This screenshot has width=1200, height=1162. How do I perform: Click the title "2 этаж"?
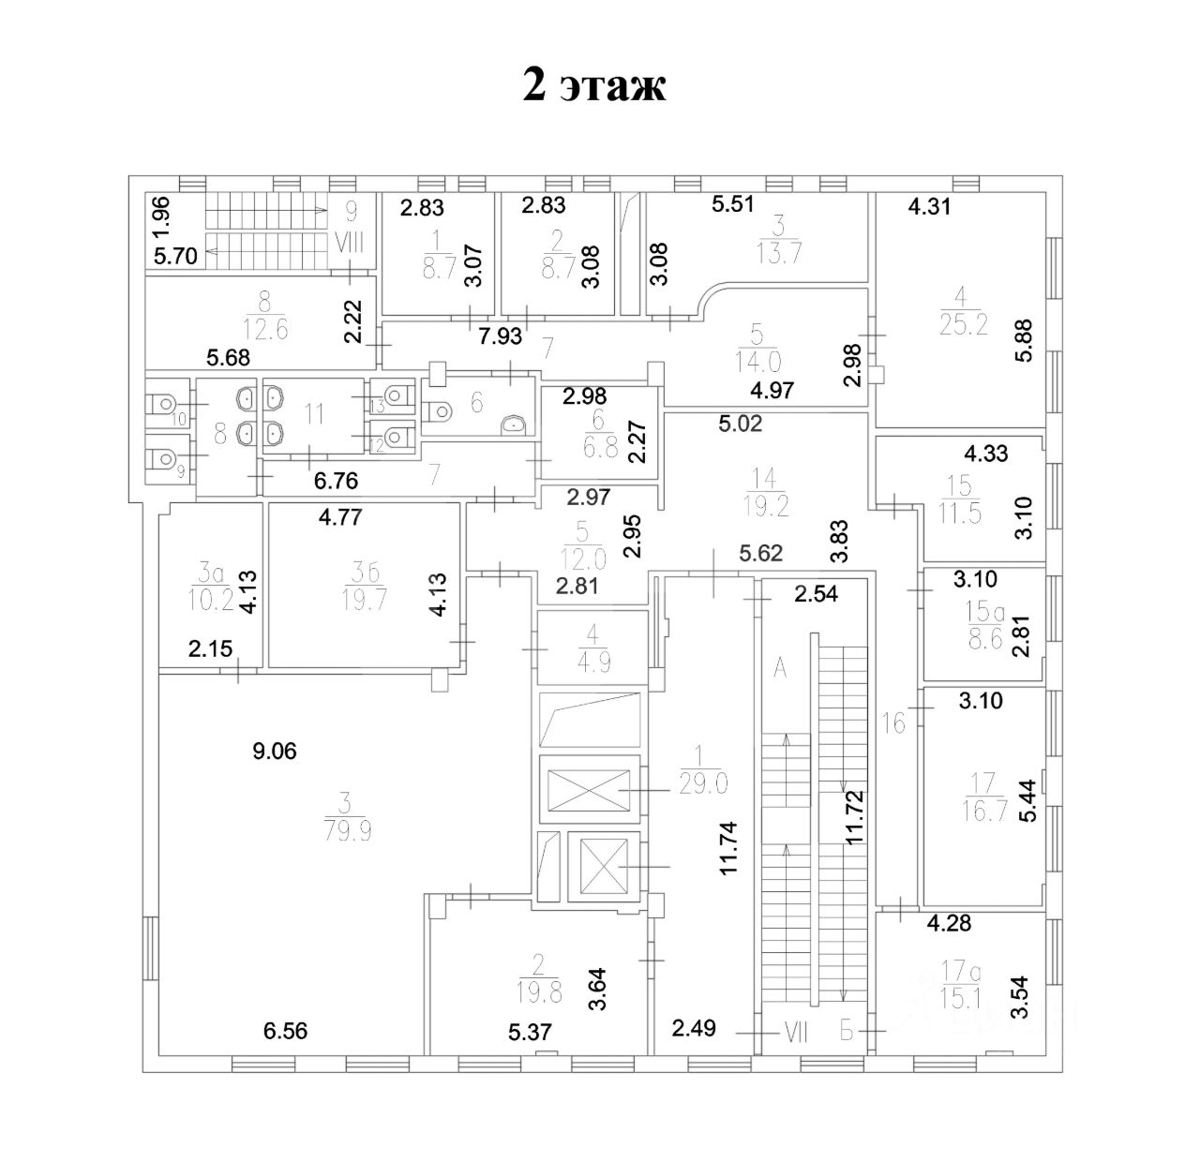594,86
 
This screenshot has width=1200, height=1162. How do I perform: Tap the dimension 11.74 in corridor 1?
730,848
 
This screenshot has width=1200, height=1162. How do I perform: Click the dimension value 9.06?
275,751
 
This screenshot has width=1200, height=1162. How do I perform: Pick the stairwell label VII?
795,1034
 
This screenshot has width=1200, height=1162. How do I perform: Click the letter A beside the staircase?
779,668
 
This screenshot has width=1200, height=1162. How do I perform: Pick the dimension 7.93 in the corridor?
500,336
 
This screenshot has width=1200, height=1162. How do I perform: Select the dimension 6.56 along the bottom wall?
286,1032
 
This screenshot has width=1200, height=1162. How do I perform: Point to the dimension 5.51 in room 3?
734,205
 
